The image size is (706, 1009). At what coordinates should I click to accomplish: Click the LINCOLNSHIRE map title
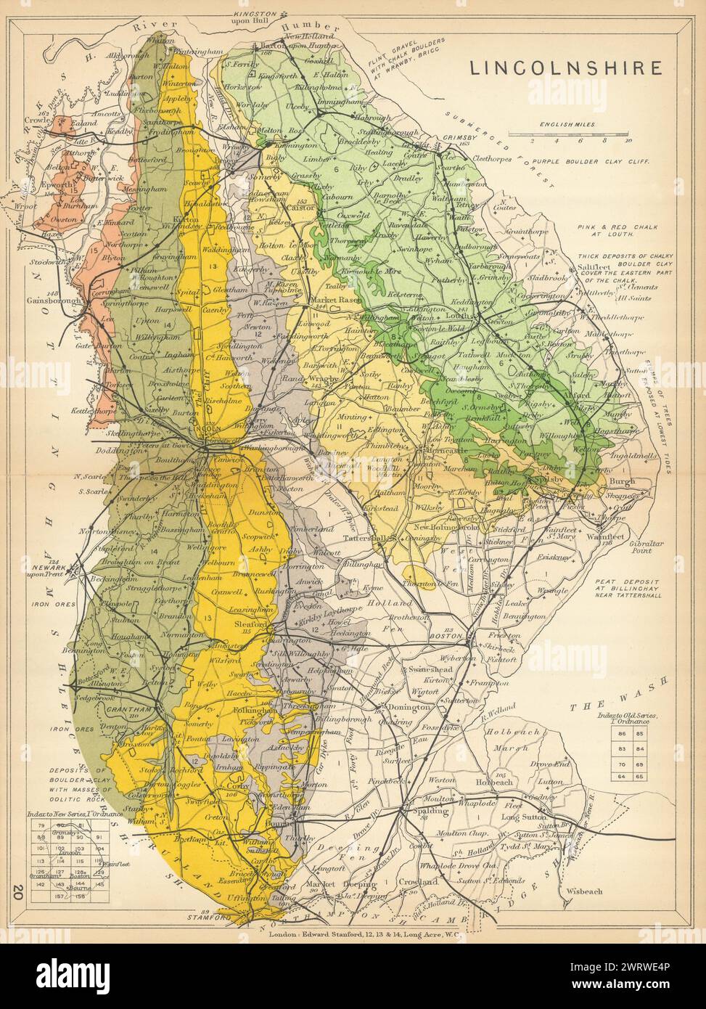tap(566, 68)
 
